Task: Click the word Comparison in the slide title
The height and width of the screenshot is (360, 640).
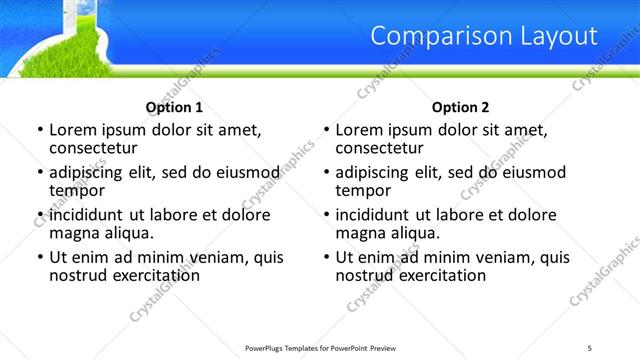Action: [x=439, y=37]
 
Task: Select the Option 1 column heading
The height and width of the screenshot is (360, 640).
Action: [x=174, y=107]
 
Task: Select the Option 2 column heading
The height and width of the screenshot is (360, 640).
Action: [x=460, y=107]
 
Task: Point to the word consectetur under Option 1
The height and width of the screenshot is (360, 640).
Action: [x=94, y=148]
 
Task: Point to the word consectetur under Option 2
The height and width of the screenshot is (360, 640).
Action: [x=381, y=148]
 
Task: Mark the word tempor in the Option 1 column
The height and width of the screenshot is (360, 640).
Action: [x=76, y=190]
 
